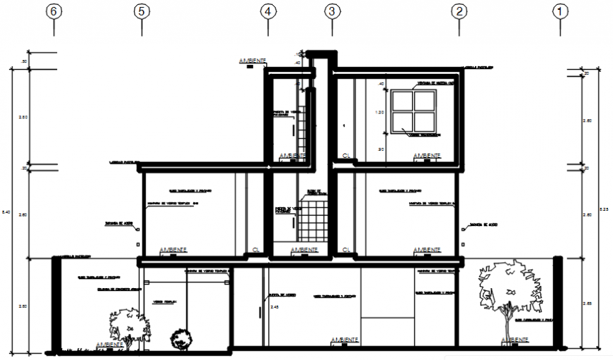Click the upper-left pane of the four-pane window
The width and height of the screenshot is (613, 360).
tap(403, 101)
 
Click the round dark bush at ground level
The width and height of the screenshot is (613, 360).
tap(182, 340)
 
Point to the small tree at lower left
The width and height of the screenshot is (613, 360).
tap(125, 327)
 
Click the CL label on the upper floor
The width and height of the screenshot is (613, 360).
tap(346, 155)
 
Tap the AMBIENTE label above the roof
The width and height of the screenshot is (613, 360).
tap(252, 62)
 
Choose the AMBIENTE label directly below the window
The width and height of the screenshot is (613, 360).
tap(427, 156)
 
